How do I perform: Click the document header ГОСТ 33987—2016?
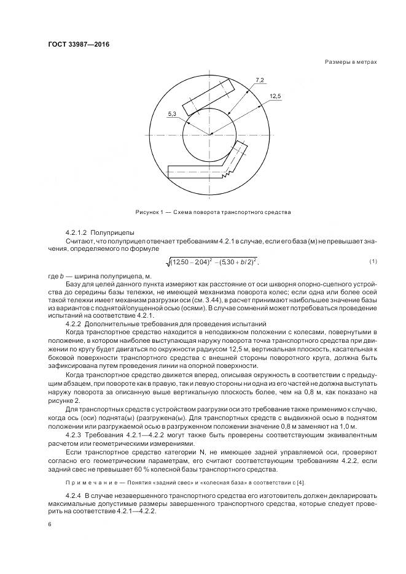click(74, 45)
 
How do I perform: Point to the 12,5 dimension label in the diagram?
click(275, 97)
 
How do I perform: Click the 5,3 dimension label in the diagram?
click(171, 114)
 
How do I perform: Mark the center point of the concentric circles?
click(210, 134)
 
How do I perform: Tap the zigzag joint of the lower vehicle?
click(228, 174)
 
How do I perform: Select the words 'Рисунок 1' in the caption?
click(149, 212)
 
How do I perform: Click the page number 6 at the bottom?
click(49, 524)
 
